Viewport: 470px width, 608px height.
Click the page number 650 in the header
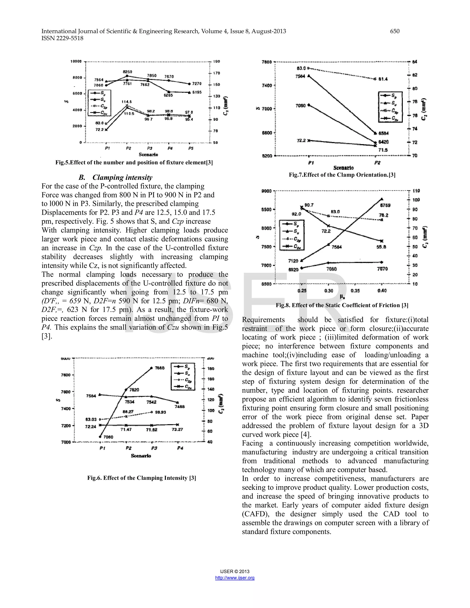click(394, 31)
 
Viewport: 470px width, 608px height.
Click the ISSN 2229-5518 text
click(62, 38)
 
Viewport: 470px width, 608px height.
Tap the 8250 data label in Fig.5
click(128, 72)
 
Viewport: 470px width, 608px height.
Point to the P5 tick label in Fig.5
click(191, 148)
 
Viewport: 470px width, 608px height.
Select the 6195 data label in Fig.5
click(197, 92)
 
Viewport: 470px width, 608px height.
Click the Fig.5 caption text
click(134, 163)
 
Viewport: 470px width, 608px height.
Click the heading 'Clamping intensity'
click(122, 178)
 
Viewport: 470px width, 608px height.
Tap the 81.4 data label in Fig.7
click(383, 79)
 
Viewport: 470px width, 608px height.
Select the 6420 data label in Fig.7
click(383, 142)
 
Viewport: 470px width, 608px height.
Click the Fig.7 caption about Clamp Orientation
click(342, 175)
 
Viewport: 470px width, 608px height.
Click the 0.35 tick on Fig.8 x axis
click(355, 291)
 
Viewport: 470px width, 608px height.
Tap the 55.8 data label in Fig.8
click(381, 247)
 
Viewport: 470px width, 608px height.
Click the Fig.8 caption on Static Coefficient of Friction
click(342, 305)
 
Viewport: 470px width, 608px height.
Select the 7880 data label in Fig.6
click(159, 368)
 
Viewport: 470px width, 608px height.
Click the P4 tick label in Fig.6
click(180, 448)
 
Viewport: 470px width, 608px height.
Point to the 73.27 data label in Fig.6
click(177, 430)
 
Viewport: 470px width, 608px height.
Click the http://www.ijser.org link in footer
click(235, 578)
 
